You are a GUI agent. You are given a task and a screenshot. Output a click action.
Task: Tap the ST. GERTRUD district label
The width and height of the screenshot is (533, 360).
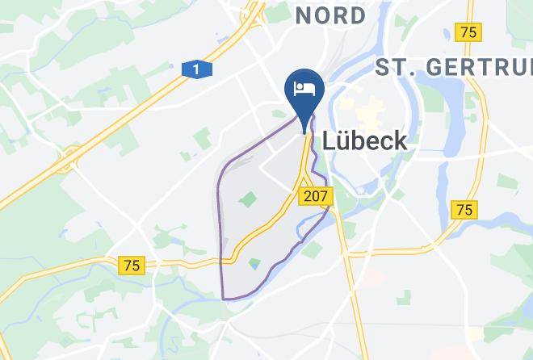click(x=452, y=67)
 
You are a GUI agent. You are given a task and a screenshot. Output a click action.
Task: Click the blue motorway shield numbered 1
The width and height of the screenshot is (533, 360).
click(x=196, y=70)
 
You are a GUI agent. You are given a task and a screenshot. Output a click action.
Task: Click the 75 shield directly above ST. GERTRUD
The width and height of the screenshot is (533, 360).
click(x=467, y=32)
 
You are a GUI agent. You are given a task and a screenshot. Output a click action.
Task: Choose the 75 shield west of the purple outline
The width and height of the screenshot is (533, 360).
click(x=132, y=266)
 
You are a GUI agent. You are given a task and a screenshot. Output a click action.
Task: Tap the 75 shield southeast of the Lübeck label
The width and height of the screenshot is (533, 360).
click(x=464, y=210)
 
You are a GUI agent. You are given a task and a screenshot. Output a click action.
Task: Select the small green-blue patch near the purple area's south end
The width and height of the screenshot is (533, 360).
click(x=255, y=263)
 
